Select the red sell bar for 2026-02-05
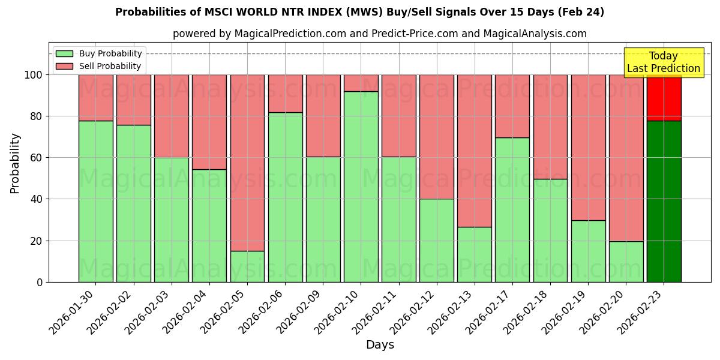click(247, 162)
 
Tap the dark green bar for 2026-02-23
click(664, 201)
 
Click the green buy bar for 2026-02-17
click(512, 210)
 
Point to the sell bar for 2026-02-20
click(626, 157)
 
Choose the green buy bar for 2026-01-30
click(95, 201)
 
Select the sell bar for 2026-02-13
click(474, 150)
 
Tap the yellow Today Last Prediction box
click(664, 62)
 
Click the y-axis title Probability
click(15, 163)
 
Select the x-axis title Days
click(380, 345)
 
